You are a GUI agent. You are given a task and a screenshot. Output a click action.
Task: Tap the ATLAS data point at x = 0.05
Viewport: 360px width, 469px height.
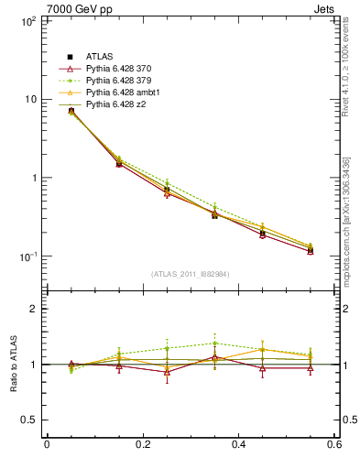pos(71,111)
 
